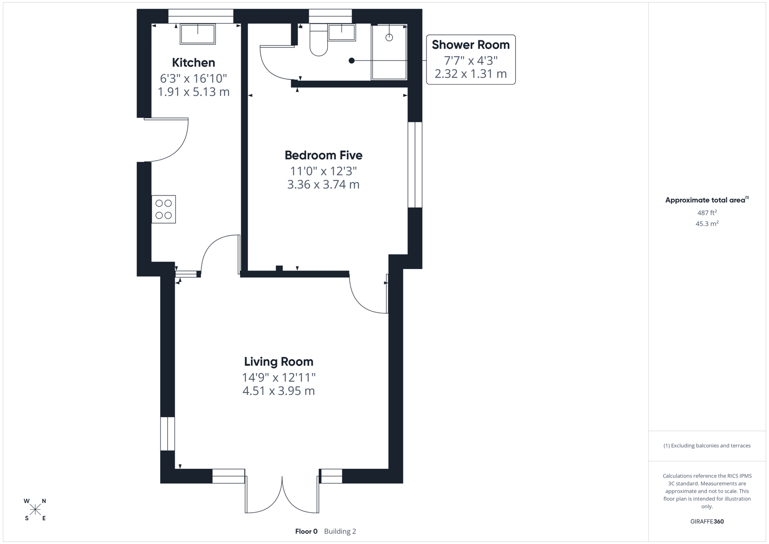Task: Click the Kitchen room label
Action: point(193,62)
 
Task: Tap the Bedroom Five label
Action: point(323,155)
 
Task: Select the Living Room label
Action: point(278,362)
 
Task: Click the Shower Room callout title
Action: point(470,45)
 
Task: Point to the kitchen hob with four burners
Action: point(164,209)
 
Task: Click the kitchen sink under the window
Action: point(198,34)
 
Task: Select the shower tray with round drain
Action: point(389,52)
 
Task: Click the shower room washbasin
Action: point(341,32)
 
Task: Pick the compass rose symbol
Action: point(35,510)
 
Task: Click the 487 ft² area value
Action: point(707,213)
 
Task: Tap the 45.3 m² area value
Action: point(707,224)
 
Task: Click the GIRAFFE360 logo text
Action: point(707,521)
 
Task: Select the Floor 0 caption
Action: point(306,531)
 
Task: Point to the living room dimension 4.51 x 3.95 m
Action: point(278,391)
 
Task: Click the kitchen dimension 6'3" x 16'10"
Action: point(193,79)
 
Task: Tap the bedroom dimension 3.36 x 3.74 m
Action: point(323,184)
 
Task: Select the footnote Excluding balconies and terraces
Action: point(707,446)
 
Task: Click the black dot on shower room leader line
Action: point(352,60)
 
